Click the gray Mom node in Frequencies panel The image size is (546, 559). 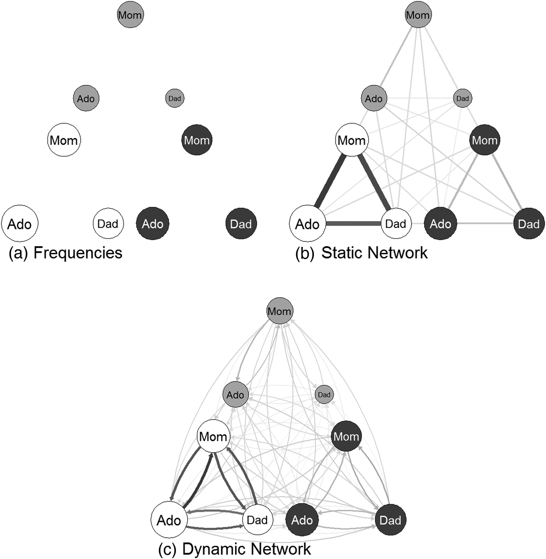point(130,15)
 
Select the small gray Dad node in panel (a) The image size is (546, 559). point(175,98)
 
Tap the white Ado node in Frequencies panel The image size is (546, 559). point(19,224)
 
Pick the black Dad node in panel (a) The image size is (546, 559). point(241,224)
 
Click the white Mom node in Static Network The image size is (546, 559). point(352,140)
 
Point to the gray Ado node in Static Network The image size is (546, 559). point(374,98)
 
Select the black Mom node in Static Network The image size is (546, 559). point(485,140)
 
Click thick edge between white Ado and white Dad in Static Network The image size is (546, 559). point(353,224)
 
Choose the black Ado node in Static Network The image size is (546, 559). point(440,224)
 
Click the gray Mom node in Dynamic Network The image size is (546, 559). point(279,311)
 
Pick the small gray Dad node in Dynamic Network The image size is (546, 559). point(324,395)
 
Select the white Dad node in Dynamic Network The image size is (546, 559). point(257,520)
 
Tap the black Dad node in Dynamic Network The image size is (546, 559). point(390,520)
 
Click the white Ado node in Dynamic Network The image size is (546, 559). point(169,520)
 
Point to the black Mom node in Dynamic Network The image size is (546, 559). point(346,436)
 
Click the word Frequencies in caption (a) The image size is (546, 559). point(78,253)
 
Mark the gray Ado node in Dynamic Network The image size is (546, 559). point(235,395)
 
